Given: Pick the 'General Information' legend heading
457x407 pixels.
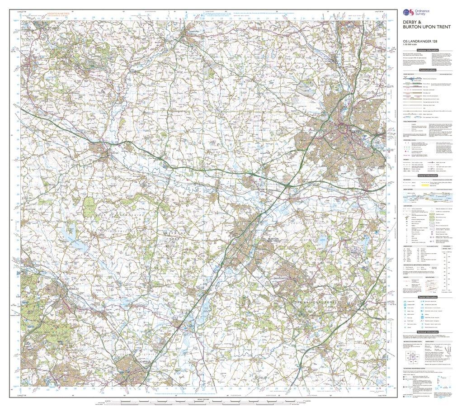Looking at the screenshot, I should point(428,176).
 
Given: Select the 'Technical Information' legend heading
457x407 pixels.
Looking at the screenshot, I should point(428,331).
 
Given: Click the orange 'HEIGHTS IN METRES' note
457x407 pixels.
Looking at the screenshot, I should point(58,14).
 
